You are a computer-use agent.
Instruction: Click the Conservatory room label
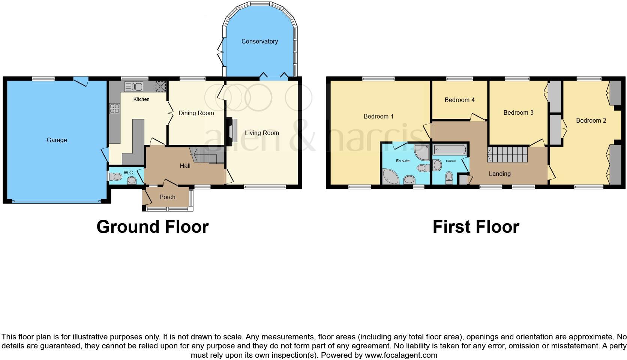[259, 41]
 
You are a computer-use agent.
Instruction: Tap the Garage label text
[57, 140]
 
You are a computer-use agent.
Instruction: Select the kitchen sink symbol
[133, 87]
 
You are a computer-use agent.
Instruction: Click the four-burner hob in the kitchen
[114, 108]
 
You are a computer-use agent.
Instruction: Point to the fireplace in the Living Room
[231, 130]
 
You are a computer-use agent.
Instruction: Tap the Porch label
[167, 197]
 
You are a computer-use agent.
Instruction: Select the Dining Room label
[196, 113]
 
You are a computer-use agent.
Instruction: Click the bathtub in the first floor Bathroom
[450, 150]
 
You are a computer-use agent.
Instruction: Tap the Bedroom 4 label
[459, 100]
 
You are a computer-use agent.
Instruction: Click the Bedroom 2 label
[591, 120]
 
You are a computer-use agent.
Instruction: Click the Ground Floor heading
[152, 227]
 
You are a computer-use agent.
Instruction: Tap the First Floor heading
[475, 227]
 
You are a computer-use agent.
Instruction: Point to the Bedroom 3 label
[518, 112]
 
